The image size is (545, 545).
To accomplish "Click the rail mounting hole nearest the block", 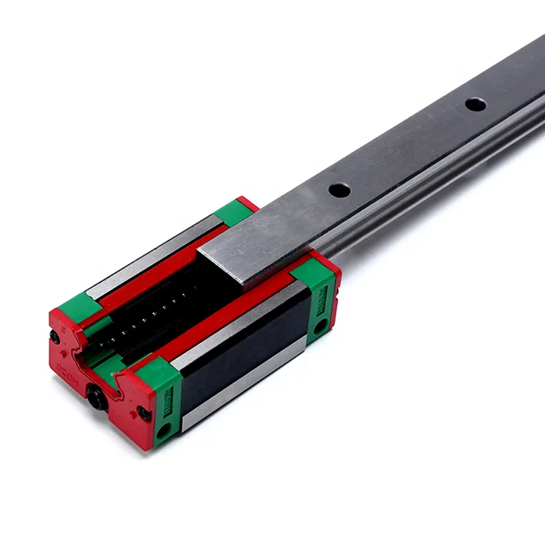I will click(339, 190).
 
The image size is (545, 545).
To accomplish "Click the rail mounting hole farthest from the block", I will click(475, 104).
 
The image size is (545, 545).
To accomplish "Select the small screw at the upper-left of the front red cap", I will click(54, 336).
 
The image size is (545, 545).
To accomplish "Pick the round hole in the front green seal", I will click(163, 430).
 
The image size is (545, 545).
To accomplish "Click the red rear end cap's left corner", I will click(246, 202).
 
